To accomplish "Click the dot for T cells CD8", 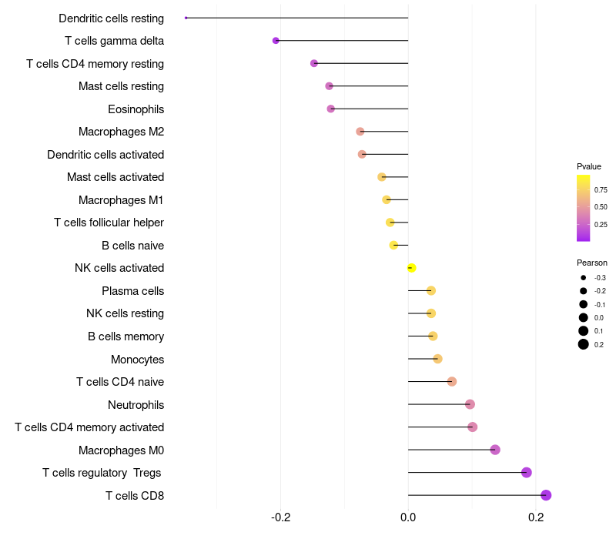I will (546, 495).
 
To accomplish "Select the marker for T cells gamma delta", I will (276, 40).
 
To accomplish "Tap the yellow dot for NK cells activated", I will (411, 268).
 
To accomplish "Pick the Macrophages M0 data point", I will (495, 450).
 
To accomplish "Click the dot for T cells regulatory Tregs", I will (527, 473).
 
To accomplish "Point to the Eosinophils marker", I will (331, 109).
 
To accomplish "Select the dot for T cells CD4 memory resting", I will (314, 63).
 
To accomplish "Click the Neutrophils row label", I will (136, 404).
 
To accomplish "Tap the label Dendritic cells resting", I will (111, 18).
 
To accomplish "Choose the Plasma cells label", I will (132, 291).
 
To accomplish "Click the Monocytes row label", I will (137, 359).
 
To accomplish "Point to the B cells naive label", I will (132, 246).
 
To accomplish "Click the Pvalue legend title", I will (589, 166).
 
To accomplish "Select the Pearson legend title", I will (591, 263).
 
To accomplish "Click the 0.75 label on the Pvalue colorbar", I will (601, 189).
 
